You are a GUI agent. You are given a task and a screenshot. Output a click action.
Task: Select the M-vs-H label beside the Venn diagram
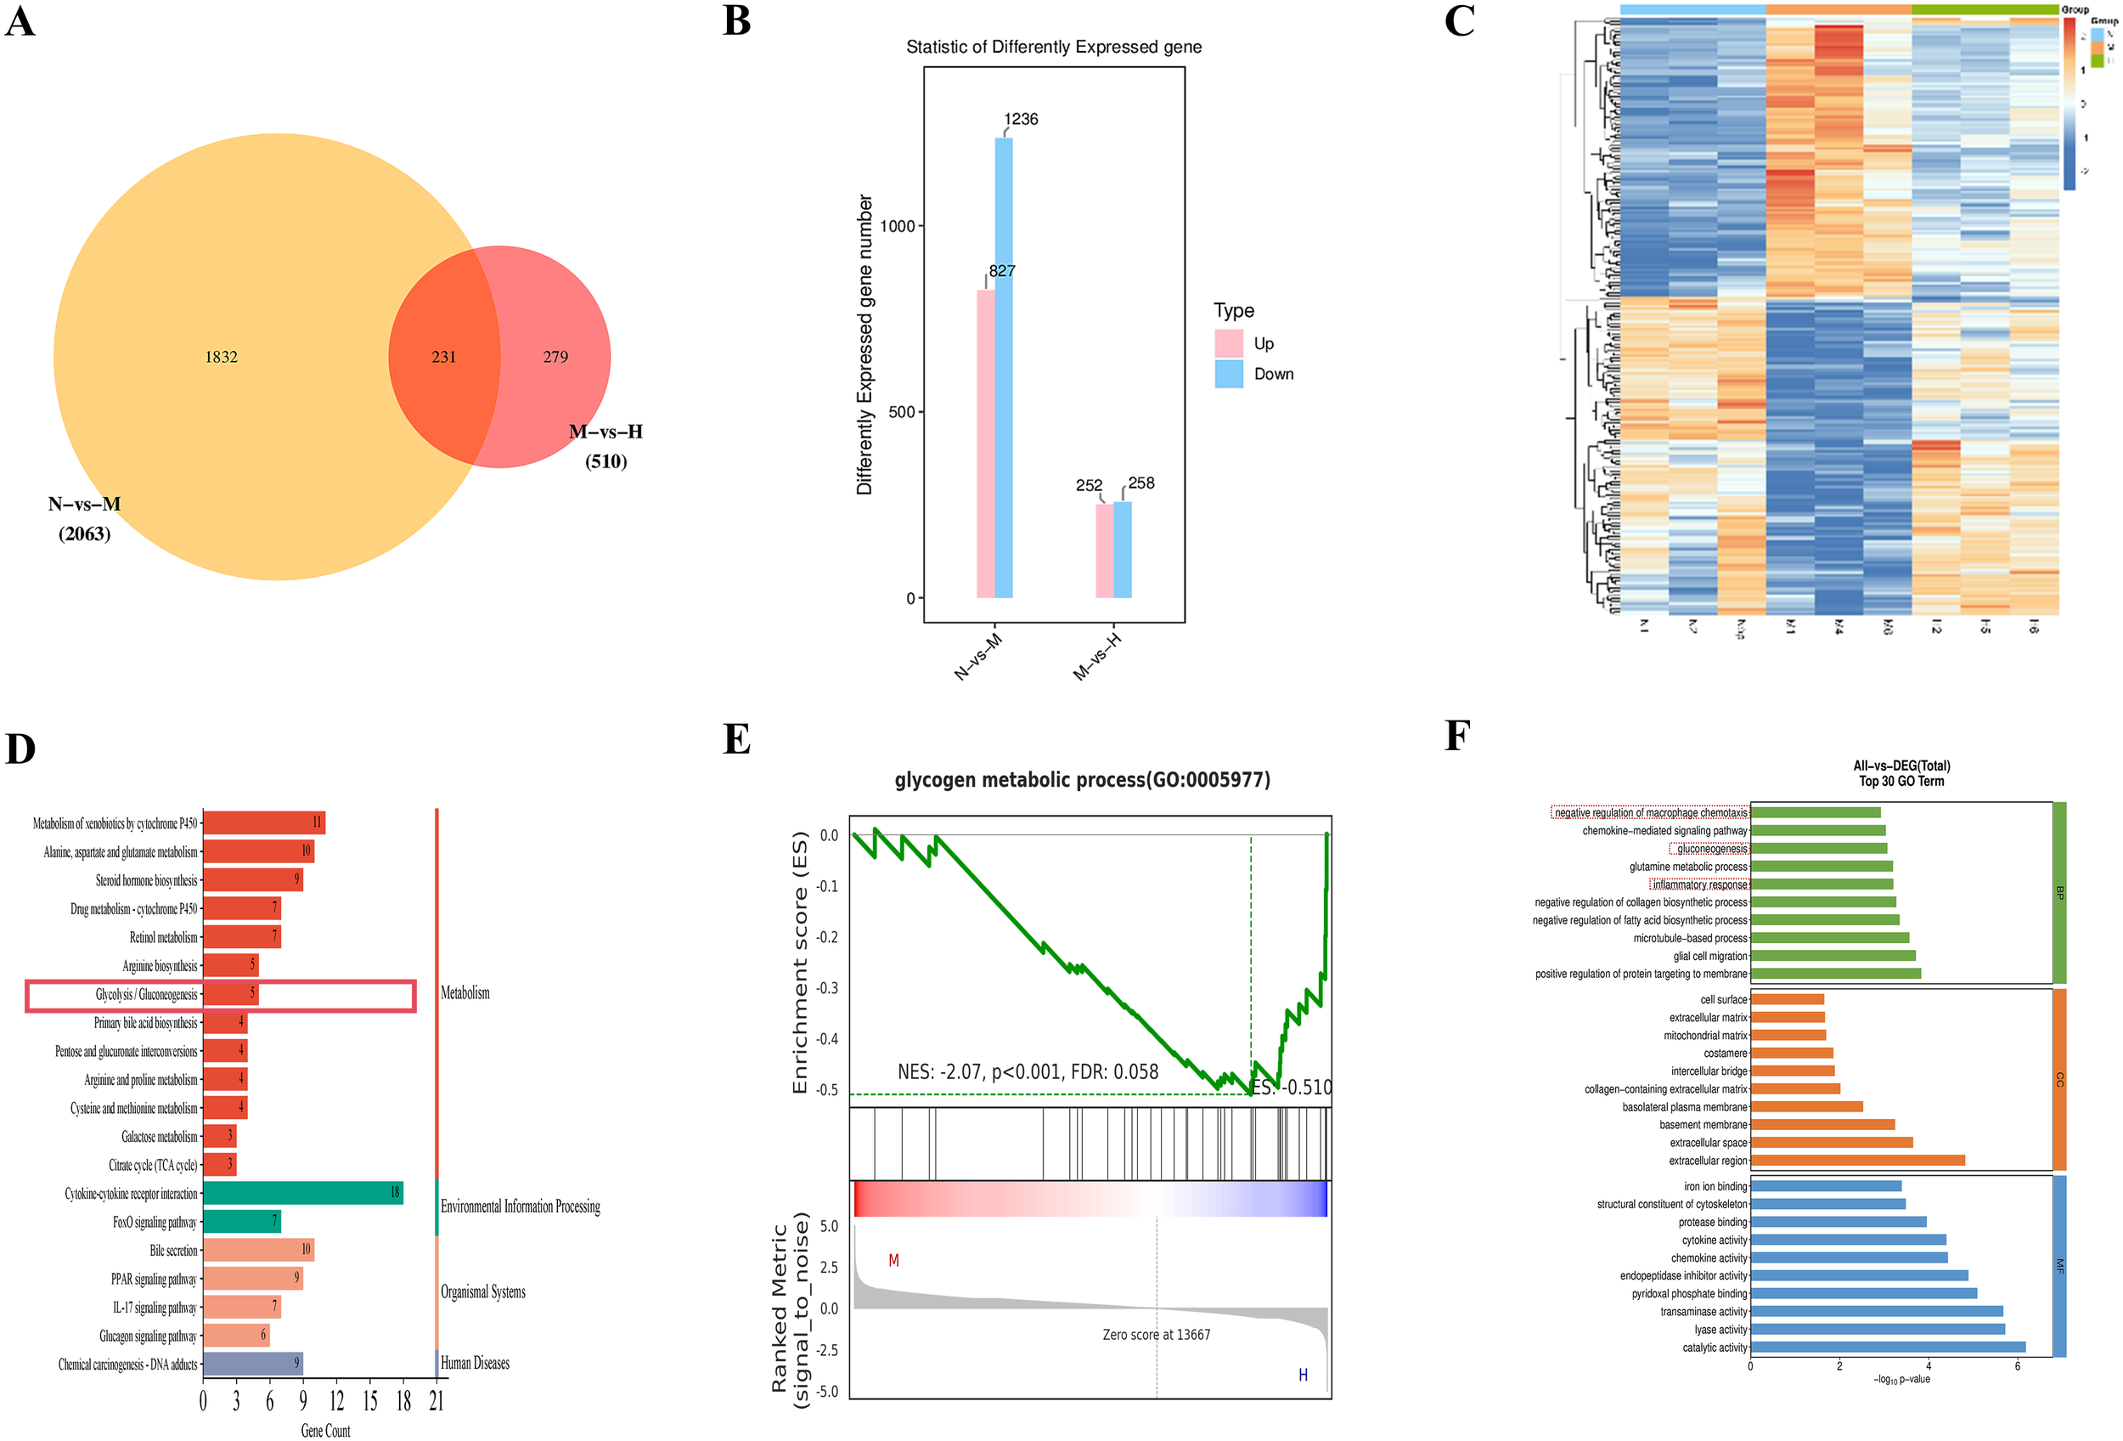click(605, 432)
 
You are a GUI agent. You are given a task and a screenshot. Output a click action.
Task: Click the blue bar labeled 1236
click(1003, 365)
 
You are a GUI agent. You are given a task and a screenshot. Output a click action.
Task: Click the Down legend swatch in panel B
click(1228, 374)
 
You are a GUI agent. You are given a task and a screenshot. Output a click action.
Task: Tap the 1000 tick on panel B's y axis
click(897, 226)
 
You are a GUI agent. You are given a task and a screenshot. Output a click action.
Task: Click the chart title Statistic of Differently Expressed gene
click(1053, 47)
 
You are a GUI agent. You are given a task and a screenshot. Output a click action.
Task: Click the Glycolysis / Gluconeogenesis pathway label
click(146, 994)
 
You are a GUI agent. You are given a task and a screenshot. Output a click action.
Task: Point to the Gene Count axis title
click(325, 1430)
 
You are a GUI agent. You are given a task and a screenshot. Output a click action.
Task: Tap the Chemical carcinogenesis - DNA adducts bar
click(252, 1364)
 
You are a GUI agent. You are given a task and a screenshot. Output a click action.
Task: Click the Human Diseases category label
click(475, 1363)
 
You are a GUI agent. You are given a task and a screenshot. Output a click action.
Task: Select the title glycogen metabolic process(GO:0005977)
click(1082, 779)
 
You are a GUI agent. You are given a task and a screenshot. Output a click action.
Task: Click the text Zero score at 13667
click(1156, 1334)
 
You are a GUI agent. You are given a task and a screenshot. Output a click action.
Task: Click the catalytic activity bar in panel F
click(1887, 1347)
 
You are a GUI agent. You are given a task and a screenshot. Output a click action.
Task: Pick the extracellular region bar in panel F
click(1857, 1161)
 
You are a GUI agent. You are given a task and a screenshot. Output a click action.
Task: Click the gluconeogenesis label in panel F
click(1711, 849)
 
